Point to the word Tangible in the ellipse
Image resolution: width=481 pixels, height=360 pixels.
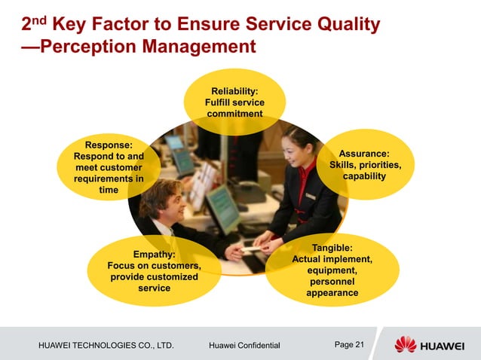pyautogui.click(x=332, y=247)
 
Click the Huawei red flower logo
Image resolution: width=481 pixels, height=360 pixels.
pyautogui.click(x=405, y=344)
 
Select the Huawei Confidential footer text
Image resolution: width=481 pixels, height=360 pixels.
pyautogui.click(x=244, y=346)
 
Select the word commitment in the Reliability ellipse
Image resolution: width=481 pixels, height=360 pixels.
pyautogui.click(x=234, y=114)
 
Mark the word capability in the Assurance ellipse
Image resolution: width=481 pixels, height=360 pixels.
pyautogui.click(x=364, y=176)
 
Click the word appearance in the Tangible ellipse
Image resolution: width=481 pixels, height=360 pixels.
pyautogui.click(x=332, y=292)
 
